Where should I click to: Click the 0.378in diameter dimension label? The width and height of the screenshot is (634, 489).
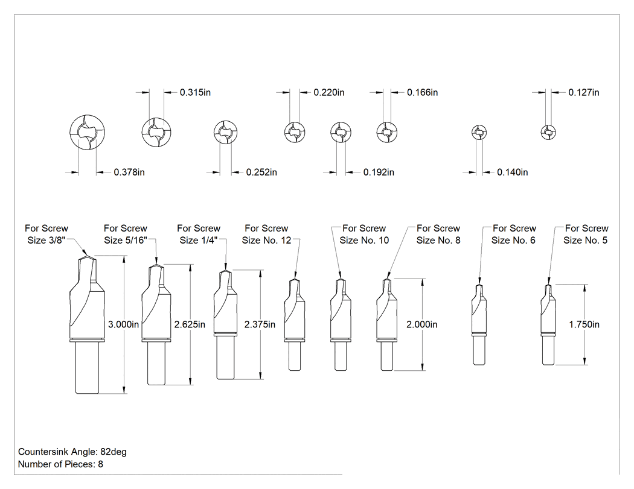point(129,172)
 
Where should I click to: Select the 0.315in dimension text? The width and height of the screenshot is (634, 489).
point(195,92)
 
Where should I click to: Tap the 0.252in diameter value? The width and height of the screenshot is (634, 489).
point(261,172)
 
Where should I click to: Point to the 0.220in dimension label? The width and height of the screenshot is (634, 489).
point(329,92)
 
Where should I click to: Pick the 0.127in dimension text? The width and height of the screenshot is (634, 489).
point(584,92)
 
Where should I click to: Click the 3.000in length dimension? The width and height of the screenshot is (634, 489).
point(123,324)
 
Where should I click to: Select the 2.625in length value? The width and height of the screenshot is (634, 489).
point(190,324)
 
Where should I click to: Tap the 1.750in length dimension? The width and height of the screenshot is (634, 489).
point(584,324)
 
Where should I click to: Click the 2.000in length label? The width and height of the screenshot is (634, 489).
point(421,324)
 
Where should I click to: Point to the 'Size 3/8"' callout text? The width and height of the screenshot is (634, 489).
point(46,240)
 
